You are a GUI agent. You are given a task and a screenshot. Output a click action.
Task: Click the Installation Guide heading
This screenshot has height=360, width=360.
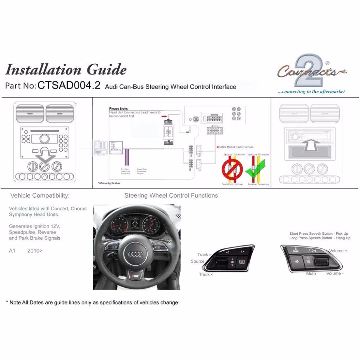66,69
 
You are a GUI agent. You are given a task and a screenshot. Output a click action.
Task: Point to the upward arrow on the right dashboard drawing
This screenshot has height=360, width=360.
309,147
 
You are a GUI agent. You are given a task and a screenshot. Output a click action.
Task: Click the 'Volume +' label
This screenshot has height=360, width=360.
338,251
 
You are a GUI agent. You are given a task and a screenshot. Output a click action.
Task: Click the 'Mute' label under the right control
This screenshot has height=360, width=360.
311,274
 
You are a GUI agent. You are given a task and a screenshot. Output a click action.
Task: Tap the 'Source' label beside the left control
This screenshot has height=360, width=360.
197,261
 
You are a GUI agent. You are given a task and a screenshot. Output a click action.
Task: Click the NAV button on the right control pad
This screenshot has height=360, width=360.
295,251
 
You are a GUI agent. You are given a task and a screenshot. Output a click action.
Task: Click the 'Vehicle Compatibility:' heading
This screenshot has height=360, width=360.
40,195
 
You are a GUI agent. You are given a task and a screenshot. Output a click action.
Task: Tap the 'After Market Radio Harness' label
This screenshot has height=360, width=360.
237,147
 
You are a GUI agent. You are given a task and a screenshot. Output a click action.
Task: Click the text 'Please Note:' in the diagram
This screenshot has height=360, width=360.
118,108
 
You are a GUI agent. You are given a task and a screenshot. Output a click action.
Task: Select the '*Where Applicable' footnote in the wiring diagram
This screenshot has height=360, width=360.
109,183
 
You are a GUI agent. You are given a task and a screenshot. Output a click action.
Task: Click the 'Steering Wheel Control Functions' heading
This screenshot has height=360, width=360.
171,195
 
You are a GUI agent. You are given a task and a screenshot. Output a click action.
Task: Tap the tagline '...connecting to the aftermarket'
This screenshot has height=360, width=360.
311,91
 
